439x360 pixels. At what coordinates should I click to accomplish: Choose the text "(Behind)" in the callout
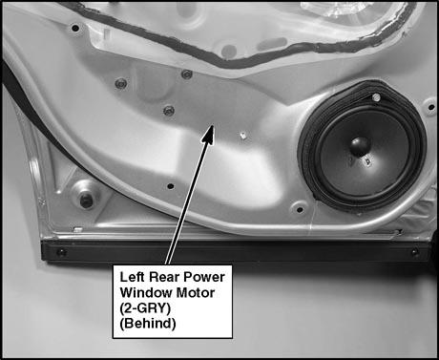point(148,324)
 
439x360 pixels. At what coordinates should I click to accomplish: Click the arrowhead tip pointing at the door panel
point(212,126)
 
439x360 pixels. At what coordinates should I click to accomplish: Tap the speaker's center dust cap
point(360,146)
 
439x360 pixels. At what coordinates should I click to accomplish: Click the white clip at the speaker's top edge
point(376,97)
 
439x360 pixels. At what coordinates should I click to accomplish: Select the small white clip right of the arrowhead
point(243,136)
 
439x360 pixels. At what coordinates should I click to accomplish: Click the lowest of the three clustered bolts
point(169,111)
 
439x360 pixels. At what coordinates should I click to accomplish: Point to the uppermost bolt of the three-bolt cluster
point(187,74)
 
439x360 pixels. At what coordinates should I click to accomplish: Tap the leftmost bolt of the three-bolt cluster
point(120,84)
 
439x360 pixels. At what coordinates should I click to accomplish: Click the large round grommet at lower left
point(86,197)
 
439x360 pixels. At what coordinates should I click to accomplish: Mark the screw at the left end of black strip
point(60,253)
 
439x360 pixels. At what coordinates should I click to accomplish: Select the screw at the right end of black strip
point(414,252)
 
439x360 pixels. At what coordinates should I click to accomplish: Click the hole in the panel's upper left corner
point(75,28)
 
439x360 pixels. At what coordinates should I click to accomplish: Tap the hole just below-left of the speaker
point(300,209)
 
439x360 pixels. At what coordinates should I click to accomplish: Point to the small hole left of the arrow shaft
point(171,186)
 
